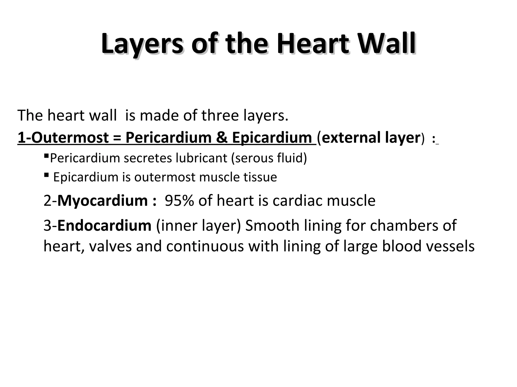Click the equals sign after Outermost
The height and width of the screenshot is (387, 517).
tap(117, 138)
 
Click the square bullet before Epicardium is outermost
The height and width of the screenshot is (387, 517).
tap(46, 175)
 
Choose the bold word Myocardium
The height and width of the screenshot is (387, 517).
tap(102, 201)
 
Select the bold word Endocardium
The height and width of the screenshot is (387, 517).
tap(104, 225)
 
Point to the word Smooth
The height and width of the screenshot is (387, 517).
tap(272, 225)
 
